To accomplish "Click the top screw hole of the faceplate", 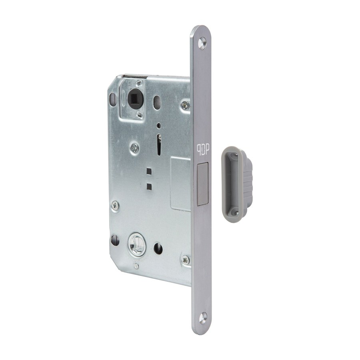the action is (202, 43).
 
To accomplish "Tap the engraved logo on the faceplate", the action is (202, 152).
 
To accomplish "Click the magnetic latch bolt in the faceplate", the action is (203, 184).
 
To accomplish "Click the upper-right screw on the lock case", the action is (185, 105).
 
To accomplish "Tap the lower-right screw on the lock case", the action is (186, 260).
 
